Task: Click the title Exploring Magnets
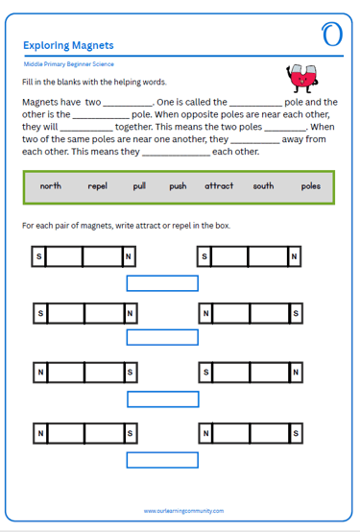(68, 45)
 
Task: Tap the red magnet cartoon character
(302, 79)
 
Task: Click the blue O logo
(332, 35)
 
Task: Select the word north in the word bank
(51, 186)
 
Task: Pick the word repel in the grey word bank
(97, 186)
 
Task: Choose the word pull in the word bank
(139, 186)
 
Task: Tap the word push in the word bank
(178, 186)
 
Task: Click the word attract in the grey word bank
(219, 186)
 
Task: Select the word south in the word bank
(263, 186)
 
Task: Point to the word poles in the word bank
(311, 186)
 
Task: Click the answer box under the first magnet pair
(162, 283)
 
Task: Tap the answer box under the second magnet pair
(162, 337)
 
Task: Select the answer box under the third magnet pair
(163, 399)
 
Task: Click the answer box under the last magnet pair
(162, 460)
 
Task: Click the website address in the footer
(183, 511)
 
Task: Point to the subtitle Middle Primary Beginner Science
(68, 64)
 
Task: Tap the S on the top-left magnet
(39, 256)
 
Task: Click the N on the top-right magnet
(294, 256)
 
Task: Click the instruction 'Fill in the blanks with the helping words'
(94, 83)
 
